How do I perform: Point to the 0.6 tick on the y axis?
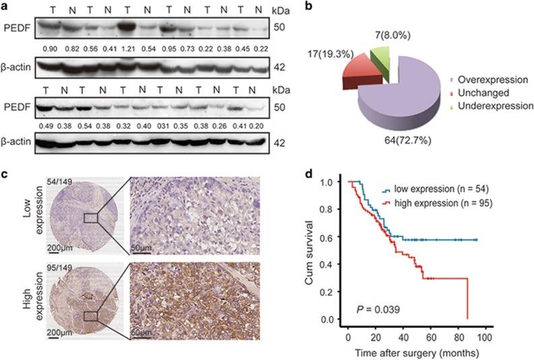click(x=329, y=236)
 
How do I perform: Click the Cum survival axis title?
click(x=310, y=252)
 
